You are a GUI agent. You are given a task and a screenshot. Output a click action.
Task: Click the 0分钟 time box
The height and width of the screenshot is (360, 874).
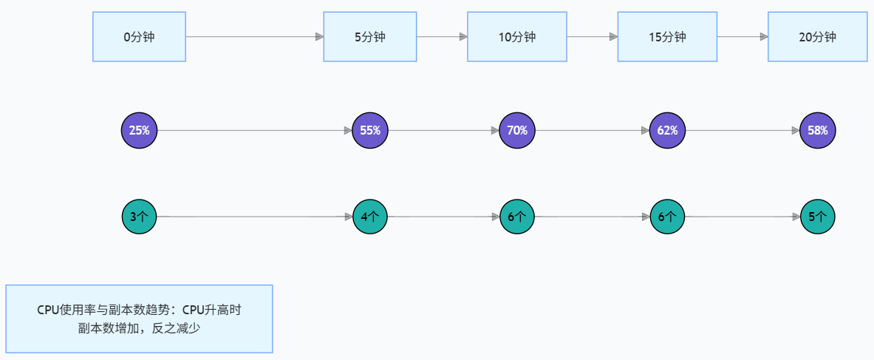point(139,37)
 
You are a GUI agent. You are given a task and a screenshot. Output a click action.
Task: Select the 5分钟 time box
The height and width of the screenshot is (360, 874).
point(370,37)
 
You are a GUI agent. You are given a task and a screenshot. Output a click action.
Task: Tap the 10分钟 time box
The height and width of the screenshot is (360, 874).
point(517,37)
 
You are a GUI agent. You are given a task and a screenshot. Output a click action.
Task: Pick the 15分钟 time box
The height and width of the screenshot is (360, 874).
point(667,37)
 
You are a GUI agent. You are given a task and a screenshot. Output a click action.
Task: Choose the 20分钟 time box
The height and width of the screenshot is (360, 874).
point(818,37)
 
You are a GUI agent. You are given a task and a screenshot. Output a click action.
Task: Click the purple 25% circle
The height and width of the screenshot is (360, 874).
point(140,131)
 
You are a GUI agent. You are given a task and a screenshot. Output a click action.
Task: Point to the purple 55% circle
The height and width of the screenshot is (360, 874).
point(370,131)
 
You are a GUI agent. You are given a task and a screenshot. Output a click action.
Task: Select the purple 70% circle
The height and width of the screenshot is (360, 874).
point(517,131)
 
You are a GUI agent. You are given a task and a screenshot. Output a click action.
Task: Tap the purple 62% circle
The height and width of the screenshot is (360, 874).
point(667,131)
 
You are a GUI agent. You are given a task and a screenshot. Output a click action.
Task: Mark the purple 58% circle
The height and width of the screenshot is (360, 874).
point(818,131)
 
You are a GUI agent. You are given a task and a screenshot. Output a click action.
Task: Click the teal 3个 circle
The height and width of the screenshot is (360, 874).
point(140,217)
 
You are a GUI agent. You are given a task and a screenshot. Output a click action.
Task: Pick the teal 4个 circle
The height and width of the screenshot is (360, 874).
point(370,217)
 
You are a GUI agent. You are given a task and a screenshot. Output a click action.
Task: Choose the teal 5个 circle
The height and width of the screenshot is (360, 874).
point(818,217)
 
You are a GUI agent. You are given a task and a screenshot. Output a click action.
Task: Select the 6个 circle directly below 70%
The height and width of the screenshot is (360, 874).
point(517,217)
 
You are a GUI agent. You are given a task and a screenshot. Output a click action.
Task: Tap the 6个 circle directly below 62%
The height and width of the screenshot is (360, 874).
point(667,217)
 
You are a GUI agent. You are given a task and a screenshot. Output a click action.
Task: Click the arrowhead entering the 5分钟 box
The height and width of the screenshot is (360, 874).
point(319,37)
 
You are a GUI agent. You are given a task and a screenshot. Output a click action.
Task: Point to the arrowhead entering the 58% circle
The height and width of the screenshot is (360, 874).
point(796,131)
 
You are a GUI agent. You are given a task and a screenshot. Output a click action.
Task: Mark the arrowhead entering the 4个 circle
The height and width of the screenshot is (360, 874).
point(349,217)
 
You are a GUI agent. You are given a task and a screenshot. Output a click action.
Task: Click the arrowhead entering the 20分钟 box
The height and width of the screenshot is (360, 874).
point(764,37)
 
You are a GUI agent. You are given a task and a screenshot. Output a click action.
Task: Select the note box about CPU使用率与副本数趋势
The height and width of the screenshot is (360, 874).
point(139,319)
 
